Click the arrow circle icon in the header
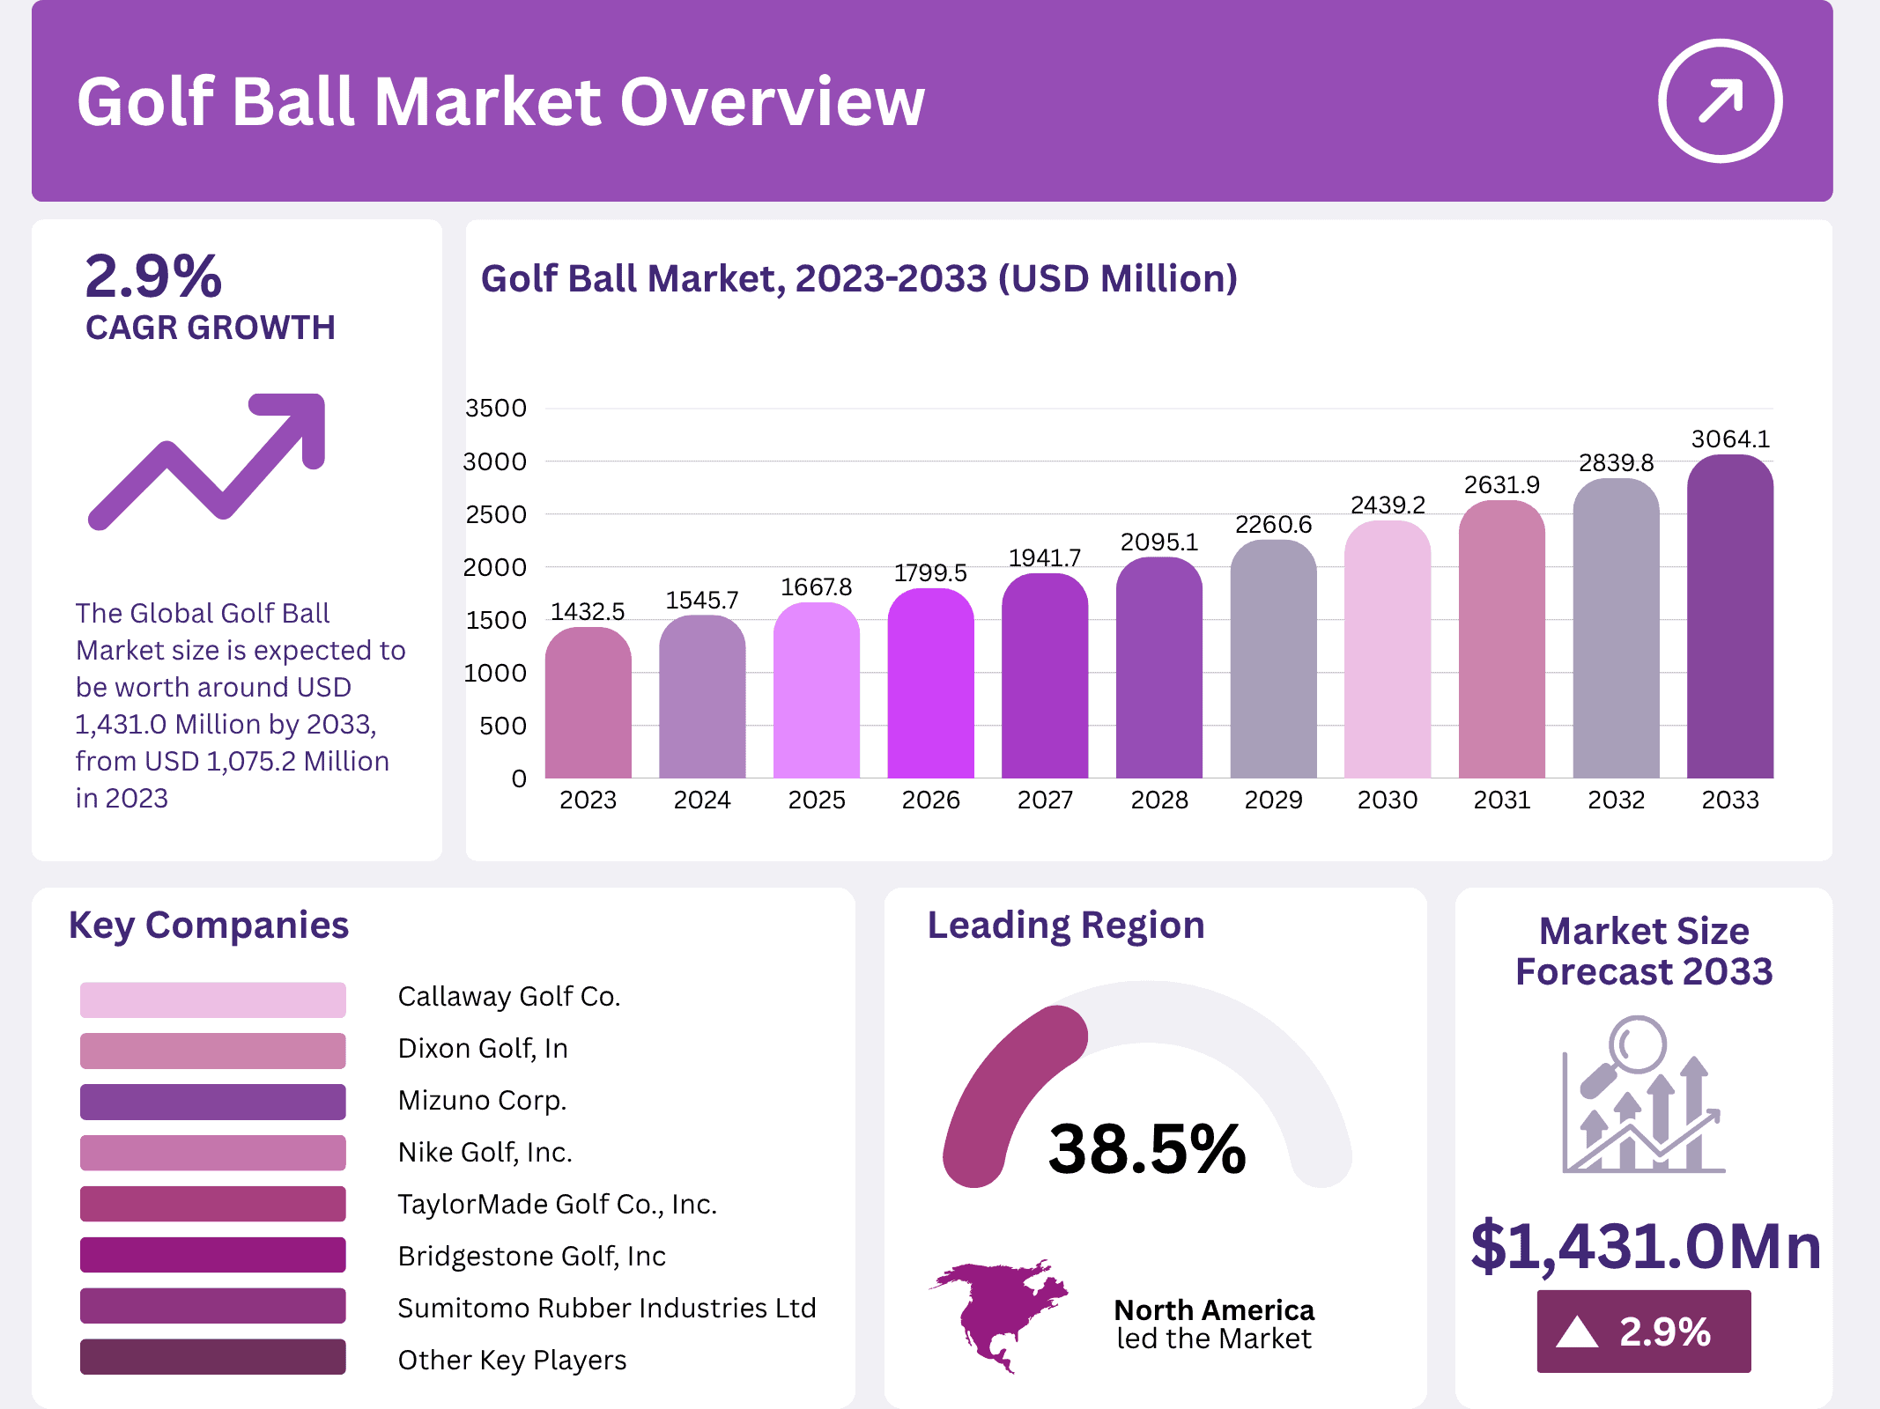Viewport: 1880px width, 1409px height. coord(1720,100)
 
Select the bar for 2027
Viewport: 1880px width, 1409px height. coord(1045,678)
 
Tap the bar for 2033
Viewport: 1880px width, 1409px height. coord(1729,616)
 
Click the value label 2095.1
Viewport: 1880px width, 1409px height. coord(1158,542)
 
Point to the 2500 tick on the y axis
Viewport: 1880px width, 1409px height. coord(496,514)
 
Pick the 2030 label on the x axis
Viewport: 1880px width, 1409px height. coord(1387,800)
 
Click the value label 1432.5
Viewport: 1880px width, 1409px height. coord(588,611)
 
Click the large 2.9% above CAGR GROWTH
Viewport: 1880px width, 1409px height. coord(153,277)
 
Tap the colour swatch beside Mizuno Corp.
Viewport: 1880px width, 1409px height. coord(212,1102)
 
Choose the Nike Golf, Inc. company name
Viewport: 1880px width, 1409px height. coord(485,1152)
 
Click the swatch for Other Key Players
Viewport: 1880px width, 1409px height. coord(212,1357)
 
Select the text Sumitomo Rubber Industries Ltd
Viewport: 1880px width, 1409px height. coord(606,1308)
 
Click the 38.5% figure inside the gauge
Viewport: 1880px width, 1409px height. coord(1146,1149)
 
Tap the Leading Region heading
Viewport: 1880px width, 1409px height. coord(1065,925)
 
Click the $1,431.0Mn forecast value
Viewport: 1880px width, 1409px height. coord(1645,1246)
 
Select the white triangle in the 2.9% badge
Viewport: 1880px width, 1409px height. coord(1576,1332)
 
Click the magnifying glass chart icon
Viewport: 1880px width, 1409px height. coord(1642,1096)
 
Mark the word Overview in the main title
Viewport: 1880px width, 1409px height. coord(772,102)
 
